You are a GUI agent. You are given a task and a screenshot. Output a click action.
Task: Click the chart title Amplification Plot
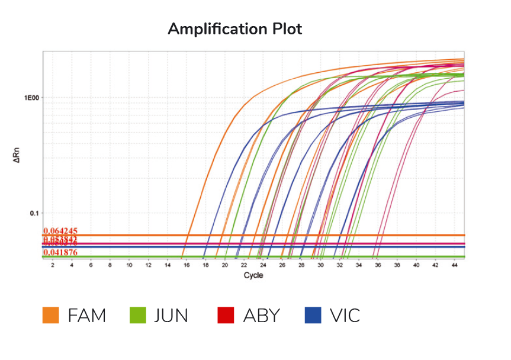pyautogui.click(x=235, y=29)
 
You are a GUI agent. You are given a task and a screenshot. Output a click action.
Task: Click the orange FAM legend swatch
pyautogui.click(x=50, y=316)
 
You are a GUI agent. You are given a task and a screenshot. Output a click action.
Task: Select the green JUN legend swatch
pyautogui.click(x=137, y=316)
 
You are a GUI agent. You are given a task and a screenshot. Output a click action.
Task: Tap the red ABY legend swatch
pyautogui.click(x=226, y=316)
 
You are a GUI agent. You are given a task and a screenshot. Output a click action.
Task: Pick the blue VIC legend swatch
pyautogui.click(x=313, y=316)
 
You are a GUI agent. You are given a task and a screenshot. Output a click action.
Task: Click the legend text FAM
pyautogui.click(x=87, y=316)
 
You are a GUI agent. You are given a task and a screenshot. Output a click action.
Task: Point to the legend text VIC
pyautogui.click(x=345, y=316)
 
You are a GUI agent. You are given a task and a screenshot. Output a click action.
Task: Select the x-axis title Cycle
pyautogui.click(x=253, y=275)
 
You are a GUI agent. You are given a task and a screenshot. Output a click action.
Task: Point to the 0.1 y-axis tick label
pyautogui.click(x=34, y=213)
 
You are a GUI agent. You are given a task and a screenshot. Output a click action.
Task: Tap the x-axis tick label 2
pyautogui.click(x=53, y=266)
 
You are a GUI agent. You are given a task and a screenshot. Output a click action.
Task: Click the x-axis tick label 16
pyautogui.click(x=187, y=266)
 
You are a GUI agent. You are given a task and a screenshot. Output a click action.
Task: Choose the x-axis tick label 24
pyautogui.click(x=263, y=266)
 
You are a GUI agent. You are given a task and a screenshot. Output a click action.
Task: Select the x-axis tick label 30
pyautogui.click(x=320, y=266)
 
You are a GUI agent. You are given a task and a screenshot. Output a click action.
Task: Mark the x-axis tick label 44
pyautogui.click(x=454, y=266)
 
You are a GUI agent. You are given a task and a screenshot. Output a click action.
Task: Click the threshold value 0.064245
pyautogui.click(x=60, y=231)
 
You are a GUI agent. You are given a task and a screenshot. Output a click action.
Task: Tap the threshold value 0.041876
pyautogui.click(x=60, y=253)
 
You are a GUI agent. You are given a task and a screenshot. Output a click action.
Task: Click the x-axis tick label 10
pyautogui.click(x=129, y=266)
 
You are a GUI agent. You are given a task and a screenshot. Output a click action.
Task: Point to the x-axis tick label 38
pyautogui.click(x=397, y=266)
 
